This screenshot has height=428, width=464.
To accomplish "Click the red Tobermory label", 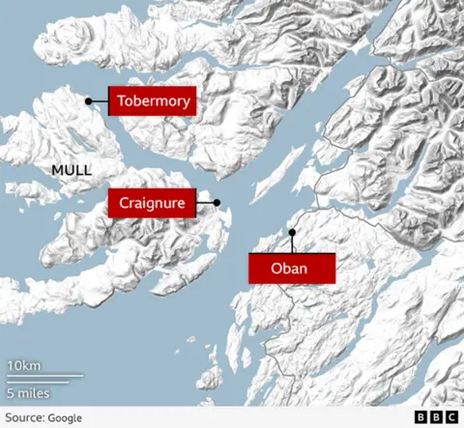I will coord(153,100).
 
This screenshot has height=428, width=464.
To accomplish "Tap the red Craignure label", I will coord(152,203).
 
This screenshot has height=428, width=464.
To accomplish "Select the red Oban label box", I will coord(291,269).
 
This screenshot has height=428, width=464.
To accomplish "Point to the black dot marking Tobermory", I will coord(88,100).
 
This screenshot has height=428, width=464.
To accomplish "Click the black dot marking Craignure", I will coord(217,203).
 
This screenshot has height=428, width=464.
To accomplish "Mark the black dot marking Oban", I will coord(291,231).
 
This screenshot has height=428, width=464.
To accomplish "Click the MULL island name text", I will coord(72,171).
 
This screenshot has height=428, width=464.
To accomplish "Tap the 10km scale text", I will coord(24,365).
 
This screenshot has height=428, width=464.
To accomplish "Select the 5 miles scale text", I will coord(29,393).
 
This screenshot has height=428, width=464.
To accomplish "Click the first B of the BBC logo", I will coord(421,417).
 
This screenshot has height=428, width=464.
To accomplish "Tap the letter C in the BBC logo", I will coord(451,417).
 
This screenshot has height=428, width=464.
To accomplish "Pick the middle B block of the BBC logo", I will coord(436,417).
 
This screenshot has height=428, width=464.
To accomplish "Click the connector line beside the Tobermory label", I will coord(100,100).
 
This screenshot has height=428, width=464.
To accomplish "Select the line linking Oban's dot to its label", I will coord(291,243).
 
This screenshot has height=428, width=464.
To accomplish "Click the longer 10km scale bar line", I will coord(44,376).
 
